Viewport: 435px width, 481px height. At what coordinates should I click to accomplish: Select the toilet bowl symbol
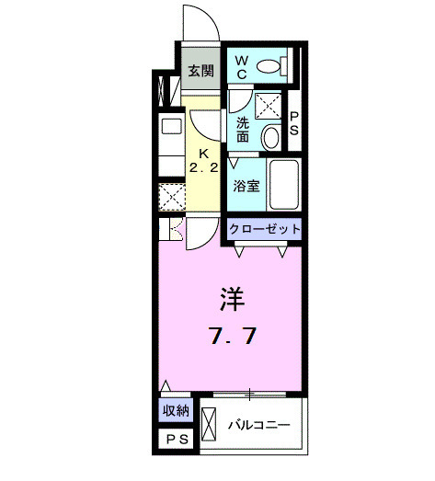click(270, 65)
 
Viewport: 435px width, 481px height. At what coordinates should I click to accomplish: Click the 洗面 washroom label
click(243, 129)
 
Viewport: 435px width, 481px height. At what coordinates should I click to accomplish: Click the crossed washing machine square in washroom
click(269, 107)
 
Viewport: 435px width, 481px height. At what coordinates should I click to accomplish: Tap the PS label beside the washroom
click(294, 122)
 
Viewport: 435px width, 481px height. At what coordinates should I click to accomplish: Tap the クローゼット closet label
click(265, 229)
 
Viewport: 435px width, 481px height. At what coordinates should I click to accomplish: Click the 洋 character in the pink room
click(231, 300)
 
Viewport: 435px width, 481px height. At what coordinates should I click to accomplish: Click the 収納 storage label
click(177, 412)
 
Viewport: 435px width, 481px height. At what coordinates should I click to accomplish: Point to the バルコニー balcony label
click(259, 426)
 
